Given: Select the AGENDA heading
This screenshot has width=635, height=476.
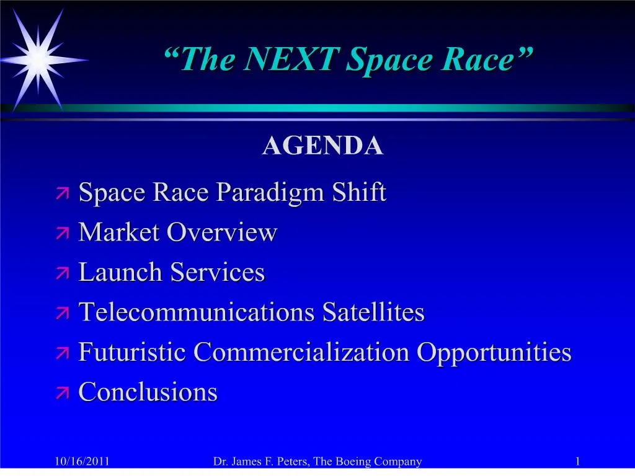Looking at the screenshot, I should [322, 146].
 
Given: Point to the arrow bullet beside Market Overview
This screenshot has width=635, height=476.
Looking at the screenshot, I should [63, 234].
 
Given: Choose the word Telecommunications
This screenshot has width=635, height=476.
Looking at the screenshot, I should [197, 312].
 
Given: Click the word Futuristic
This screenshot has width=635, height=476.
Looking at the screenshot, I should [132, 352].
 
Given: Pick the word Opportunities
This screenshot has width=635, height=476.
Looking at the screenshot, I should [494, 353].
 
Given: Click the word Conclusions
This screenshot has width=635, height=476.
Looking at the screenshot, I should [148, 392].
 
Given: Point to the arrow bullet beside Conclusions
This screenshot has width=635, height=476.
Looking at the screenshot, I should [63, 392].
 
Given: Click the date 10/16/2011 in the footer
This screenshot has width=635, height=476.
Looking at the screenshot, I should [82, 461].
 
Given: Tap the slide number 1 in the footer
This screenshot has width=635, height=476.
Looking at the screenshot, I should [577, 461].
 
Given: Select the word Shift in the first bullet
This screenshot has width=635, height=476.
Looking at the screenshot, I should [359, 193].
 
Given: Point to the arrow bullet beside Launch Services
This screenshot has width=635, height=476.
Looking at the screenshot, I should [63, 273].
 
